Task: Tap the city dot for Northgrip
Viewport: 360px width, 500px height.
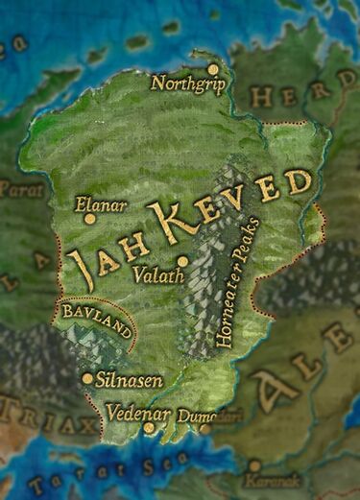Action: tap(213, 69)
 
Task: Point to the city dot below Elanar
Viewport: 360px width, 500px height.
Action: tap(90, 219)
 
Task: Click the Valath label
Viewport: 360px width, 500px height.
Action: tap(152, 274)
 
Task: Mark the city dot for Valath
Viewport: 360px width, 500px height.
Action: tap(182, 261)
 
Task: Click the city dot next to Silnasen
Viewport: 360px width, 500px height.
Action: tap(88, 378)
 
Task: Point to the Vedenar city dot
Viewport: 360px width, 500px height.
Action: tap(149, 428)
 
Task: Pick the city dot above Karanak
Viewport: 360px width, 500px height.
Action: tap(254, 464)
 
